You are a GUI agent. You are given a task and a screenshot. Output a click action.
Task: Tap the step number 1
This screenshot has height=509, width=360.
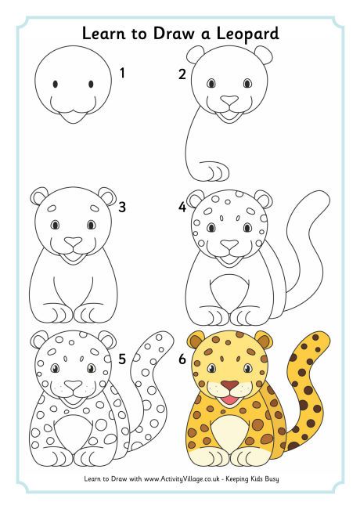click(122, 74)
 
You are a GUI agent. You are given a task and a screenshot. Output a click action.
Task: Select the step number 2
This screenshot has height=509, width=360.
click(182, 75)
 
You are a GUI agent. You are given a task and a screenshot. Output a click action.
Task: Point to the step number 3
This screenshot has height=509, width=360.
click(122, 208)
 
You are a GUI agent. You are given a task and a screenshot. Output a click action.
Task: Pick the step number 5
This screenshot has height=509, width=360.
click(122, 359)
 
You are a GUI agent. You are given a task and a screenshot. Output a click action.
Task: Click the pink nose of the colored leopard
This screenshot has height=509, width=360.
click(228, 385)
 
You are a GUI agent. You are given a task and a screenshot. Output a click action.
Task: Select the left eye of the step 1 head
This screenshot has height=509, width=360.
click(56, 84)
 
